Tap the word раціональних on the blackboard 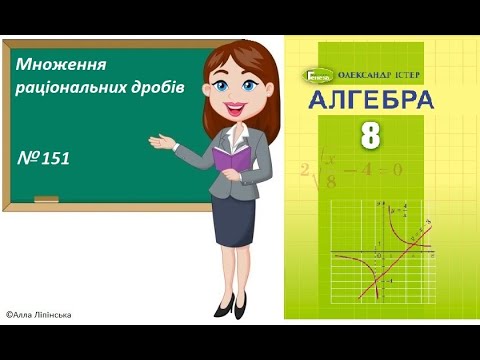pyautogui.click(x=67, y=87)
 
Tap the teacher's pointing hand pyautogui.click(x=159, y=141)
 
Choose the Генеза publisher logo pyautogui.click(x=314, y=75)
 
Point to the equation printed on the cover pyautogui.click(x=351, y=170)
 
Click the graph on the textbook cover pyautogui.click(x=383, y=244)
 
